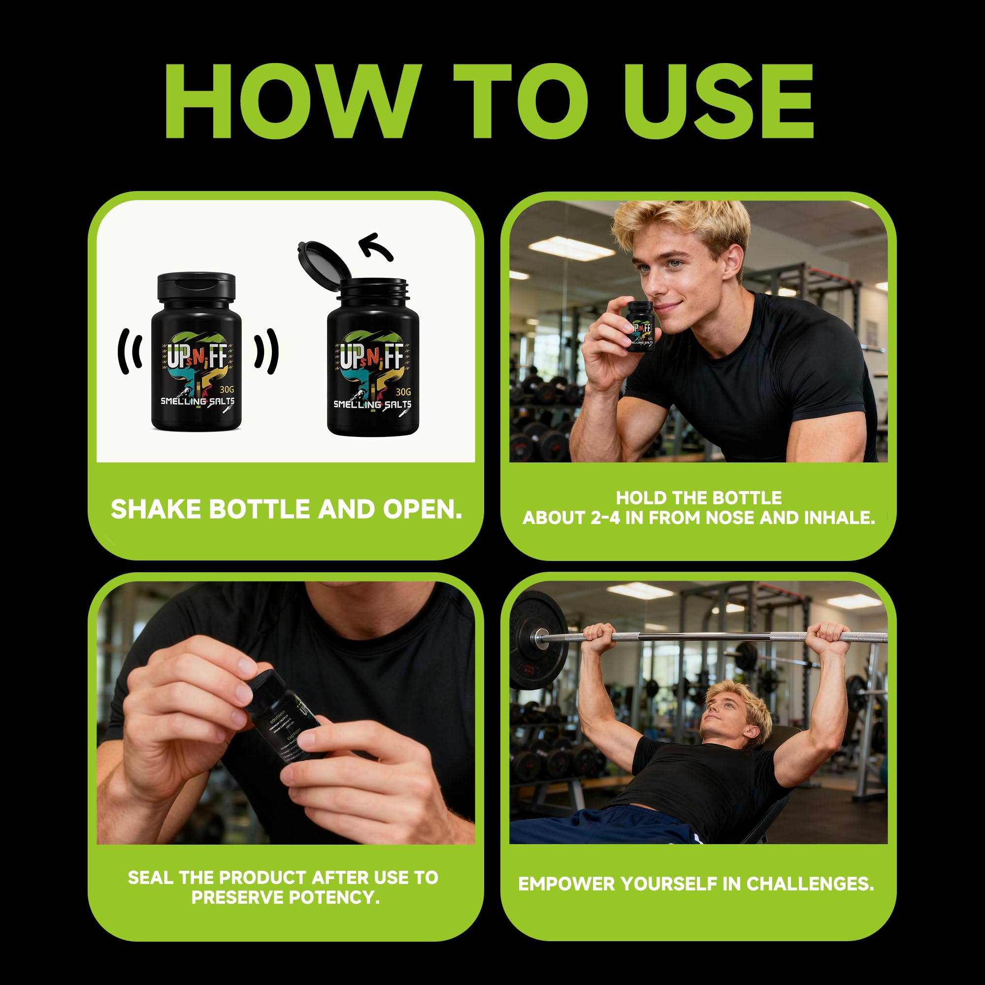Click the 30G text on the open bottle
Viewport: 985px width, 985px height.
tap(403, 392)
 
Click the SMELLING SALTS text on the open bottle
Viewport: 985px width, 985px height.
tap(372, 404)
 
